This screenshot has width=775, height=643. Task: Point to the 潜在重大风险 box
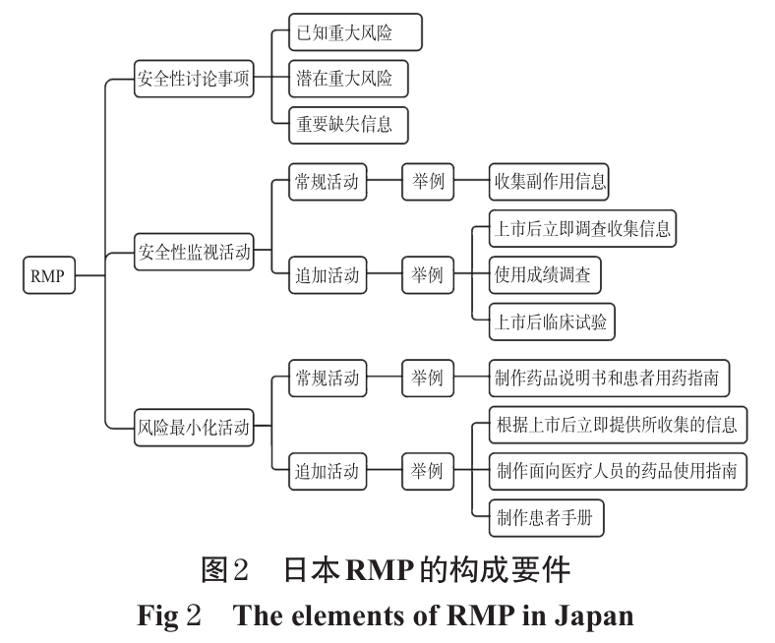pyautogui.click(x=345, y=79)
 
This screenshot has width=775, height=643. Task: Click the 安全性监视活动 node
pyautogui.click(x=194, y=253)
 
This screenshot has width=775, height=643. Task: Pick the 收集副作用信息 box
pyautogui.click(x=550, y=182)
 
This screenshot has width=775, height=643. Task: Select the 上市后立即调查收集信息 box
pyautogui.click(x=583, y=228)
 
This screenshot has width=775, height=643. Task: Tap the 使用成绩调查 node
pyautogui.click(x=544, y=275)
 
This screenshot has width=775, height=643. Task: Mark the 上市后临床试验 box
pyautogui.click(x=552, y=321)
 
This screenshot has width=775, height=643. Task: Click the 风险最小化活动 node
pyautogui.click(x=194, y=427)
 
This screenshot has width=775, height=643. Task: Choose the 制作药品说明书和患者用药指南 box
pyautogui.click(x=610, y=378)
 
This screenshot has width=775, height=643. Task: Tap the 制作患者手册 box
pyautogui.click(x=546, y=517)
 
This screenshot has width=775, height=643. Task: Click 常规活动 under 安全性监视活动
pyautogui.click(x=328, y=182)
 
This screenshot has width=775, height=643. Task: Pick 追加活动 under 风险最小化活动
pyautogui.click(x=328, y=471)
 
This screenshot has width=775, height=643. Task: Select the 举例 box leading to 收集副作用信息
pyautogui.click(x=428, y=182)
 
